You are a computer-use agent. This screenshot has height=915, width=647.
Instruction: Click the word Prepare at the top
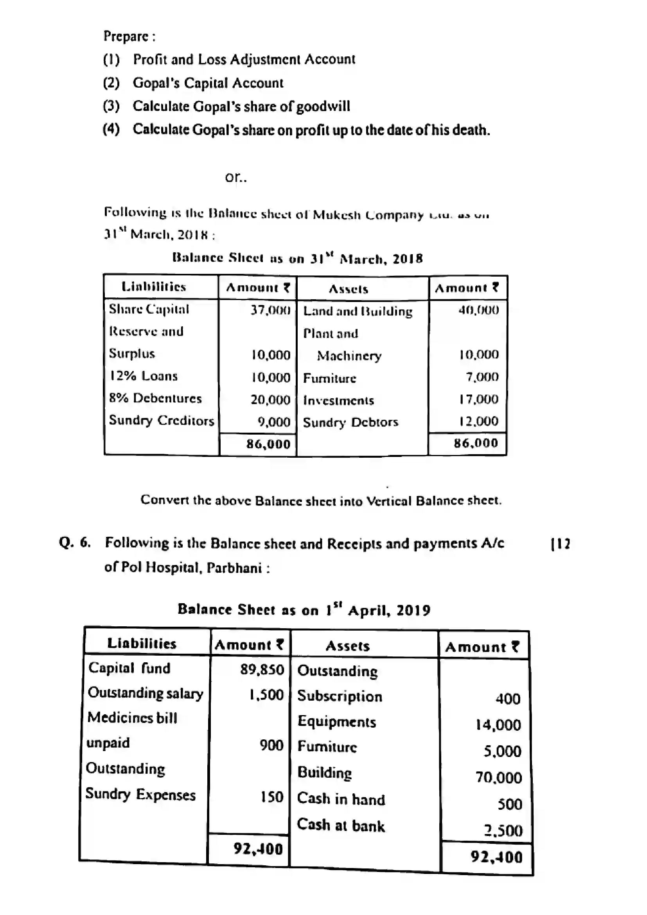pyautogui.click(x=126, y=36)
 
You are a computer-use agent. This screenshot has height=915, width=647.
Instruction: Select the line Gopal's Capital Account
pyautogui.click(x=208, y=83)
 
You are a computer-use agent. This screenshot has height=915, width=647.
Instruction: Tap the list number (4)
pyautogui.click(x=111, y=129)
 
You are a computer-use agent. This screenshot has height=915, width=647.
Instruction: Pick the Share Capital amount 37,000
pyautogui.click(x=270, y=310)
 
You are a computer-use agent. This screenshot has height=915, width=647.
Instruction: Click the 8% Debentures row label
pyautogui.click(x=155, y=398)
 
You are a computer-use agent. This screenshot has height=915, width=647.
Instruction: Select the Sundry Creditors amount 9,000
pyautogui.click(x=274, y=422)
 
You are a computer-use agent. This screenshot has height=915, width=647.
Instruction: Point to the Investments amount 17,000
pyautogui.click(x=478, y=399)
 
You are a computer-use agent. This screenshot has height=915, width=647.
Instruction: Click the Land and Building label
pyautogui.click(x=358, y=311)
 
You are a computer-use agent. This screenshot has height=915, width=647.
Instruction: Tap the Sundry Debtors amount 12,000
pyautogui.click(x=478, y=421)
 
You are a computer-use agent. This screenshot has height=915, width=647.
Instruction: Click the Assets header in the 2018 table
pyautogui.click(x=348, y=289)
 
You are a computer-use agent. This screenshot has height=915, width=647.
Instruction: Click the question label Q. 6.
pyautogui.click(x=75, y=543)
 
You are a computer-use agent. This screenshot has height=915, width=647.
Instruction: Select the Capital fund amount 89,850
pyautogui.click(x=262, y=669)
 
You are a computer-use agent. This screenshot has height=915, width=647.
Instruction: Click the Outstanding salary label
pyautogui.click(x=146, y=694)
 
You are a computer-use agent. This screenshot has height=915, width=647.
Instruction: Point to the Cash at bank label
pyautogui.click(x=341, y=825)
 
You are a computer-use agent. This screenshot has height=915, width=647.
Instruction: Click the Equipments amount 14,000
pyautogui.click(x=498, y=725)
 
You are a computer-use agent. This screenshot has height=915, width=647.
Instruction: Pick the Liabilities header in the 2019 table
pyautogui.click(x=142, y=643)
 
